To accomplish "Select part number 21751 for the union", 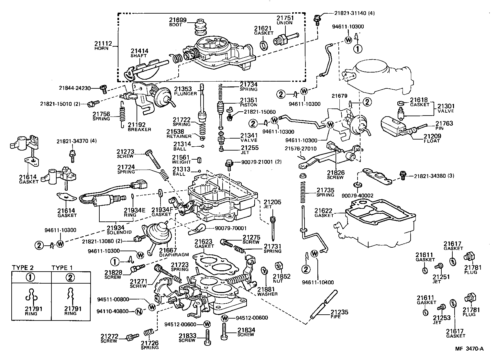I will click(x=284, y=18).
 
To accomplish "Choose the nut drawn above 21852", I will click(x=278, y=266).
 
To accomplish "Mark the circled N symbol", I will click(x=138, y=311).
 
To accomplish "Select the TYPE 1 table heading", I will click(x=62, y=267).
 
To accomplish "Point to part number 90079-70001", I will click(x=230, y=228).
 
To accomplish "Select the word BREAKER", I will click(x=139, y=129).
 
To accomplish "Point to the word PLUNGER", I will click(x=185, y=94).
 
